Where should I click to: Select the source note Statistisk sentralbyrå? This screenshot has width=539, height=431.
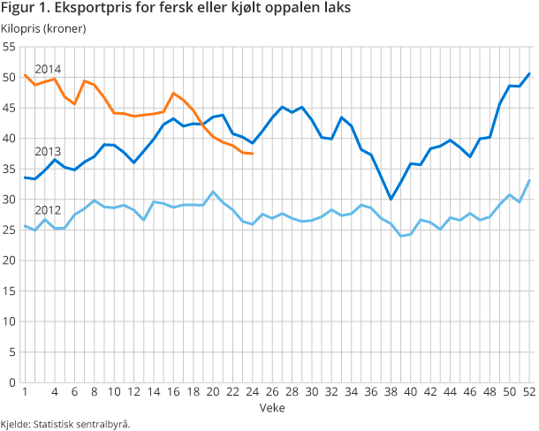click(x=65, y=424)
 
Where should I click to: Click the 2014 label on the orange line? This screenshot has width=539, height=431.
click(x=47, y=69)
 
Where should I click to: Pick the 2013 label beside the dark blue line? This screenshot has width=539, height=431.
click(x=47, y=151)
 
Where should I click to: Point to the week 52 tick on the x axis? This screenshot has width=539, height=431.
click(x=528, y=393)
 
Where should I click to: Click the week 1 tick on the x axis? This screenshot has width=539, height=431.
click(x=25, y=393)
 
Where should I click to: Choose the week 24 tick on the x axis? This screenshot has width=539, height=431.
click(x=253, y=393)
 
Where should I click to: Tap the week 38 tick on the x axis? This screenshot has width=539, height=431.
click(x=391, y=393)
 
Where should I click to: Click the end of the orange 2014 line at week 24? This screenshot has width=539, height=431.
click(x=253, y=154)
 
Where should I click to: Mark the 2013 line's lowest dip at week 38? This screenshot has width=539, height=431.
click(x=391, y=199)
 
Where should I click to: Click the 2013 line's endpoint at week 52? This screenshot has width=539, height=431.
click(x=528, y=73)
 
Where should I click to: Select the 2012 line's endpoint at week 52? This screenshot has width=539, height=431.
click(x=528, y=180)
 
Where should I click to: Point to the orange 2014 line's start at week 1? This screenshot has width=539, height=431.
click(x=25, y=75)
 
